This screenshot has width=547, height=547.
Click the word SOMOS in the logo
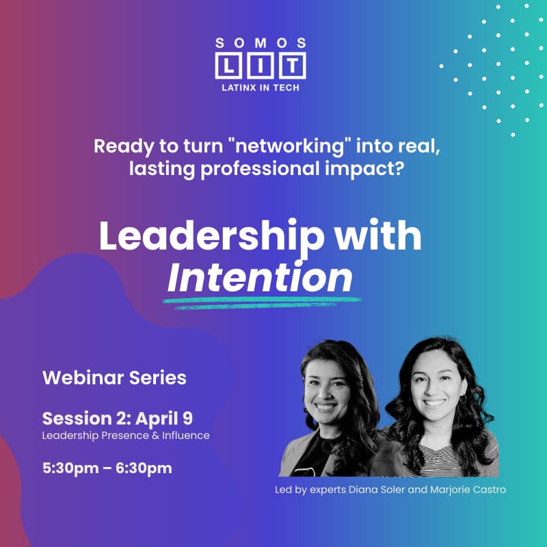[x=259, y=42]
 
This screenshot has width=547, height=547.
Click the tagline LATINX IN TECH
[x=260, y=88]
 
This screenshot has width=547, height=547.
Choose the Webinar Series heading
[x=114, y=377]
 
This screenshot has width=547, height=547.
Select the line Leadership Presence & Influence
[x=126, y=435]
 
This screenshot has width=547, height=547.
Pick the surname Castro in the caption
[x=488, y=490]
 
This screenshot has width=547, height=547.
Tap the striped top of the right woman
[x=438, y=451]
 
